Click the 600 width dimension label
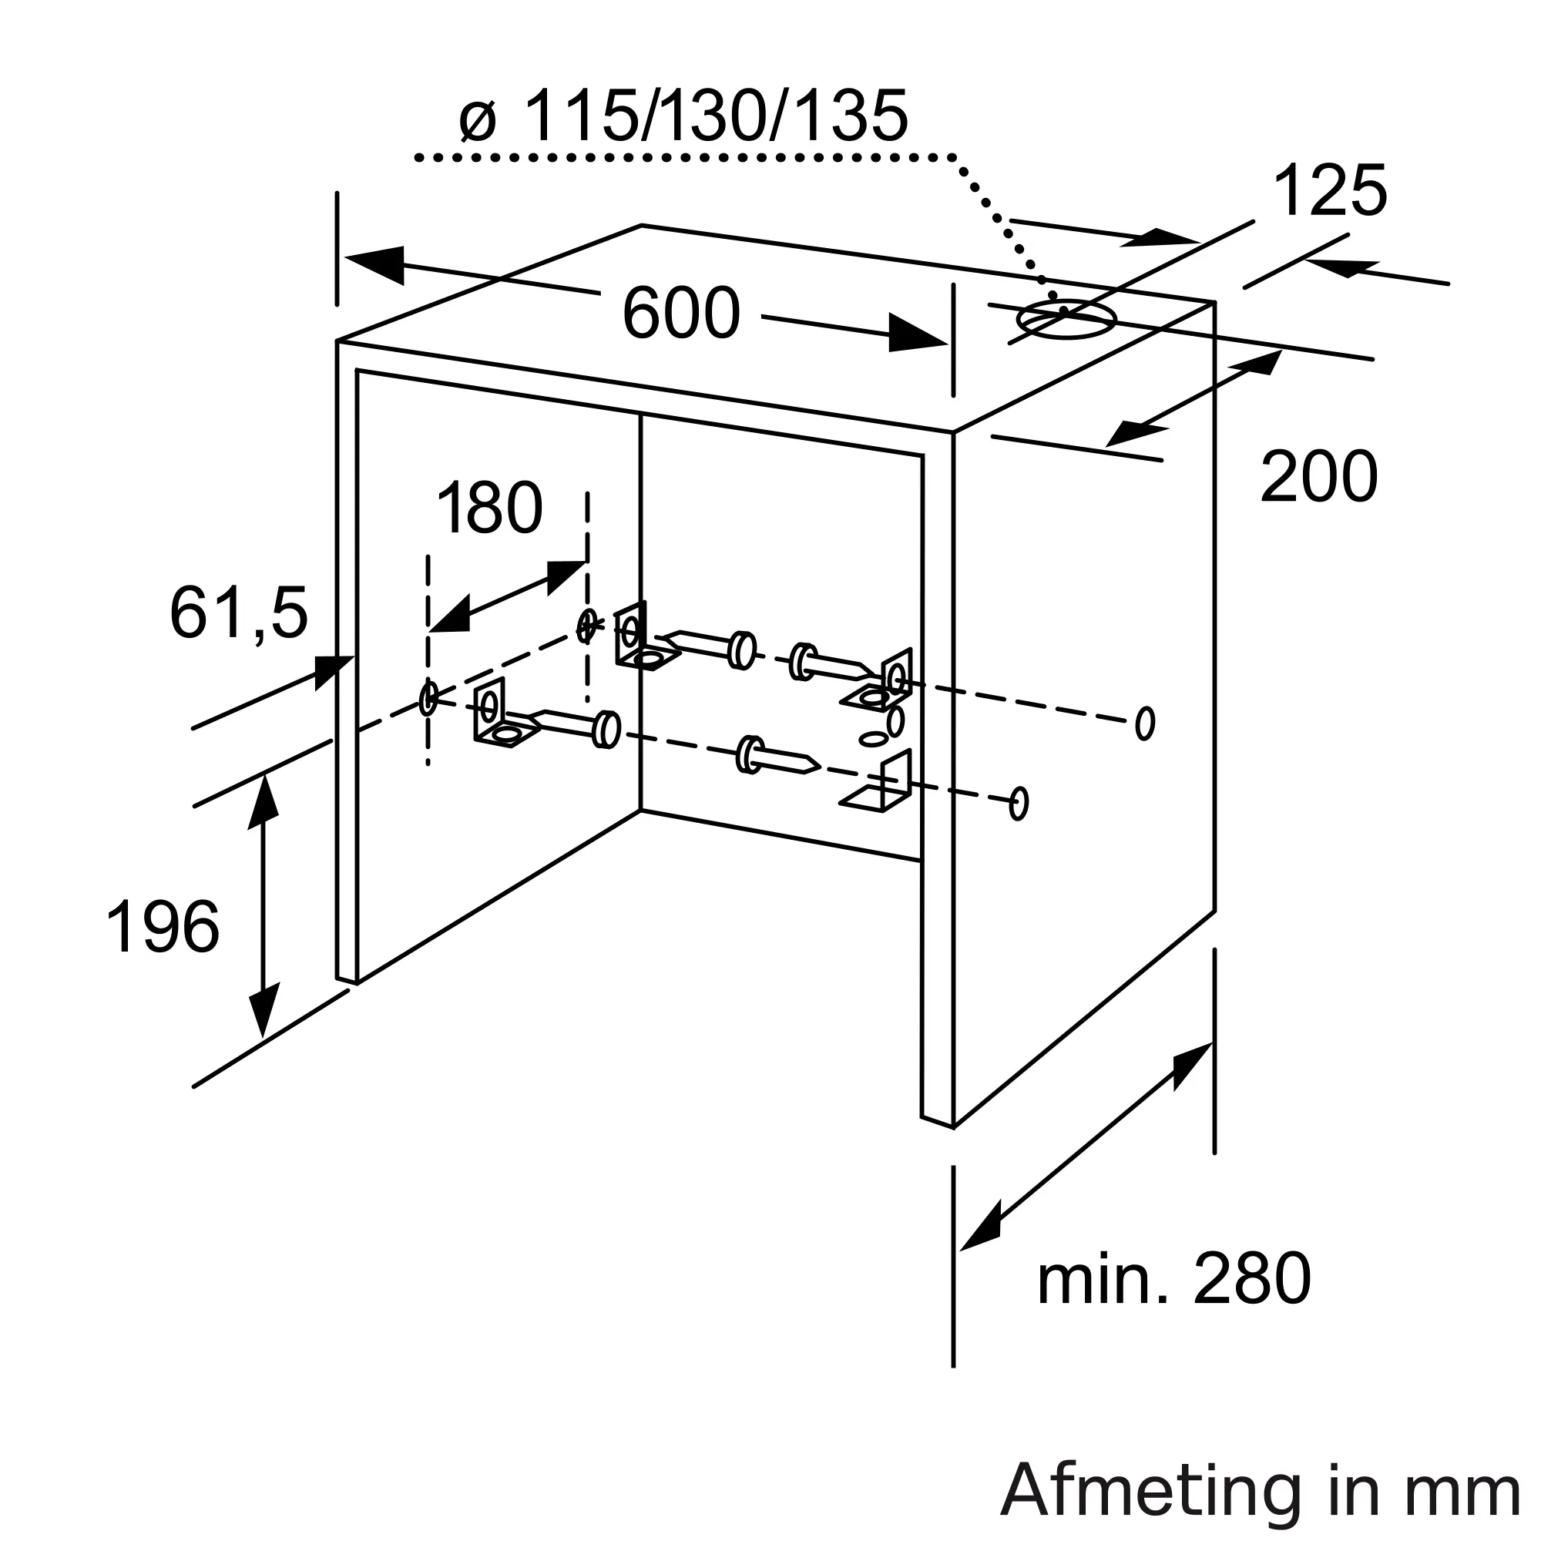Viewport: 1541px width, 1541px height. pos(681,313)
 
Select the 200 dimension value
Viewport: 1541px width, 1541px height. pos(1319,475)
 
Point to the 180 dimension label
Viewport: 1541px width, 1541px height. pos(490,507)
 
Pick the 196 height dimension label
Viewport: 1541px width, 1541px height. pos(163,926)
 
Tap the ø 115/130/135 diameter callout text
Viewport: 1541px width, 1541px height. pos(683,116)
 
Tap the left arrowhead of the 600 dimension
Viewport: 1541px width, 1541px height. pos(372,264)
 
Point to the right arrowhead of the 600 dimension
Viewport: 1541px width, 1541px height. pos(917,334)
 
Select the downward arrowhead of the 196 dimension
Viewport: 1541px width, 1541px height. pos(264,1010)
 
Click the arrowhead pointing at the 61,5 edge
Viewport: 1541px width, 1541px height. pos(334,672)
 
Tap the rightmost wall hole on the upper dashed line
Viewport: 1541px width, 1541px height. pos(1145,723)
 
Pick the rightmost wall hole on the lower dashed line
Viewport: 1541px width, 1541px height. pos(1019,803)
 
